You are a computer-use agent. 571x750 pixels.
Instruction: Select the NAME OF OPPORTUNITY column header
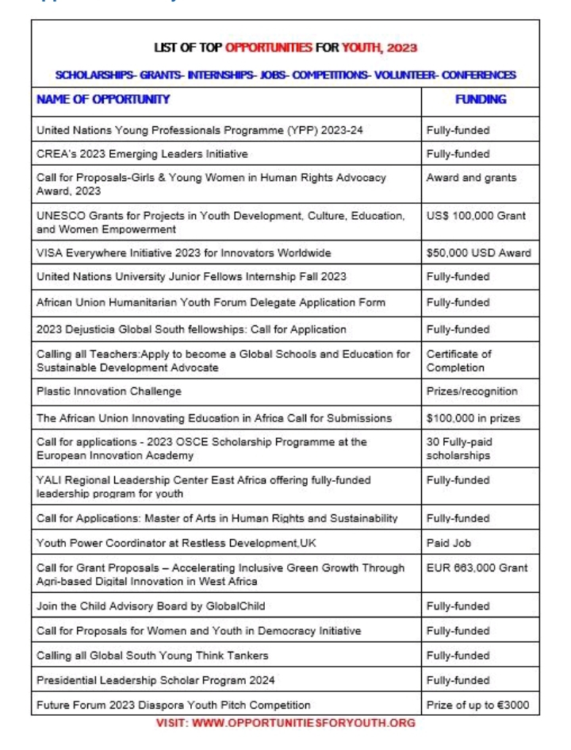click(x=103, y=99)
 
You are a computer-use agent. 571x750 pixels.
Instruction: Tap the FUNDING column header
click(x=480, y=99)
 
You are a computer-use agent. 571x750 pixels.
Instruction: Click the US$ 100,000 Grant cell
click(x=476, y=216)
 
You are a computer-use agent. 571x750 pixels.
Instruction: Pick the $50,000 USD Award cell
click(x=478, y=253)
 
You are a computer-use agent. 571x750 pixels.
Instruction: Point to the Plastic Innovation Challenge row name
click(x=109, y=391)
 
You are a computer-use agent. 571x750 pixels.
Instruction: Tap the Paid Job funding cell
click(x=452, y=544)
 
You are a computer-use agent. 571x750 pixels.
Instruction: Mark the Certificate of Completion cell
click(x=459, y=361)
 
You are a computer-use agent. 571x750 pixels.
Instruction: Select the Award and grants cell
click(x=471, y=178)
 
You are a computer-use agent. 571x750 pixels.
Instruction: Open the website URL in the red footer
click(x=285, y=723)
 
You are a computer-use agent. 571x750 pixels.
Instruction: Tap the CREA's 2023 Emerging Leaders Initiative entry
click(x=142, y=153)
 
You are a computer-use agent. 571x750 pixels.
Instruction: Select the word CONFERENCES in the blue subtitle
click(x=478, y=75)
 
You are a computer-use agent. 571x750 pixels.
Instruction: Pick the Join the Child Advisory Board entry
click(x=151, y=606)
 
